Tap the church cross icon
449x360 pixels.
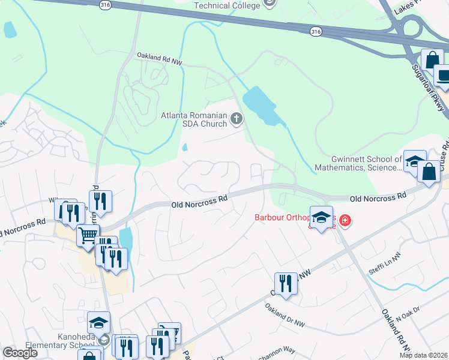(x=236, y=119)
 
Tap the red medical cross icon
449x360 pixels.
(x=345, y=221)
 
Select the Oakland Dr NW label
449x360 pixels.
(x=285, y=316)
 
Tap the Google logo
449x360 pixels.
(x=20, y=353)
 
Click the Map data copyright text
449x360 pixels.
(x=424, y=355)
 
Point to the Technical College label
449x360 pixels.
(x=228, y=5)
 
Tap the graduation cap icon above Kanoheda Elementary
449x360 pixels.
(x=98, y=323)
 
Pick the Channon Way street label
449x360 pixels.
(x=277, y=350)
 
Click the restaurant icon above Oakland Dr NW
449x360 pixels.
(x=286, y=283)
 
